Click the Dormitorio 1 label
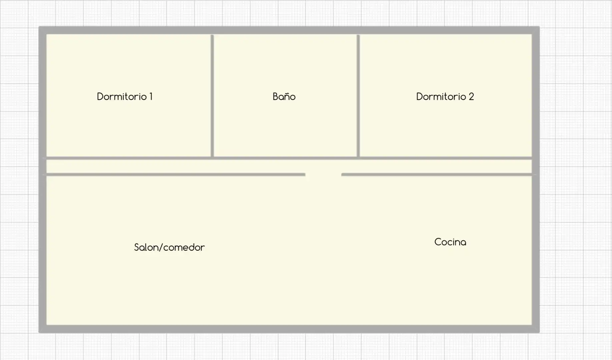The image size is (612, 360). [x=125, y=97]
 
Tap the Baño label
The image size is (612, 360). [x=284, y=97]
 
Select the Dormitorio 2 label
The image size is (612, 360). [x=445, y=97]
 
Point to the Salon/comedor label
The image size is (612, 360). [x=169, y=247]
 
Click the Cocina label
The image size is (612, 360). [x=450, y=242]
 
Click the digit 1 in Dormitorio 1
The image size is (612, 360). [x=151, y=97]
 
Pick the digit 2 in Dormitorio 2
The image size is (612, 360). [x=471, y=97]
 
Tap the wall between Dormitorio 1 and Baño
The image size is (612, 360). [x=212, y=96]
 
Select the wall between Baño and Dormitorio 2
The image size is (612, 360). [x=358, y=96]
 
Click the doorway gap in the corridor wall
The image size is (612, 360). [x=323, y=174]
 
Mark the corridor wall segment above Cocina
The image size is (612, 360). [x=437, y=174]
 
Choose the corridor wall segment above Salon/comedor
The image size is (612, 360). [x=176, y=174]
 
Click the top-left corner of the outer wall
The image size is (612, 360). [x=39, y=26]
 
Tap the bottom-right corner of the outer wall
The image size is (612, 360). [x=539, y=332]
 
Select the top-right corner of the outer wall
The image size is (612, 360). [x=539, y=26]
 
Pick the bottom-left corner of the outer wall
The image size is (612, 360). [x=39, y=332]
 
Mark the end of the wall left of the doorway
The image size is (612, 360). [x=305, y=174]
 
